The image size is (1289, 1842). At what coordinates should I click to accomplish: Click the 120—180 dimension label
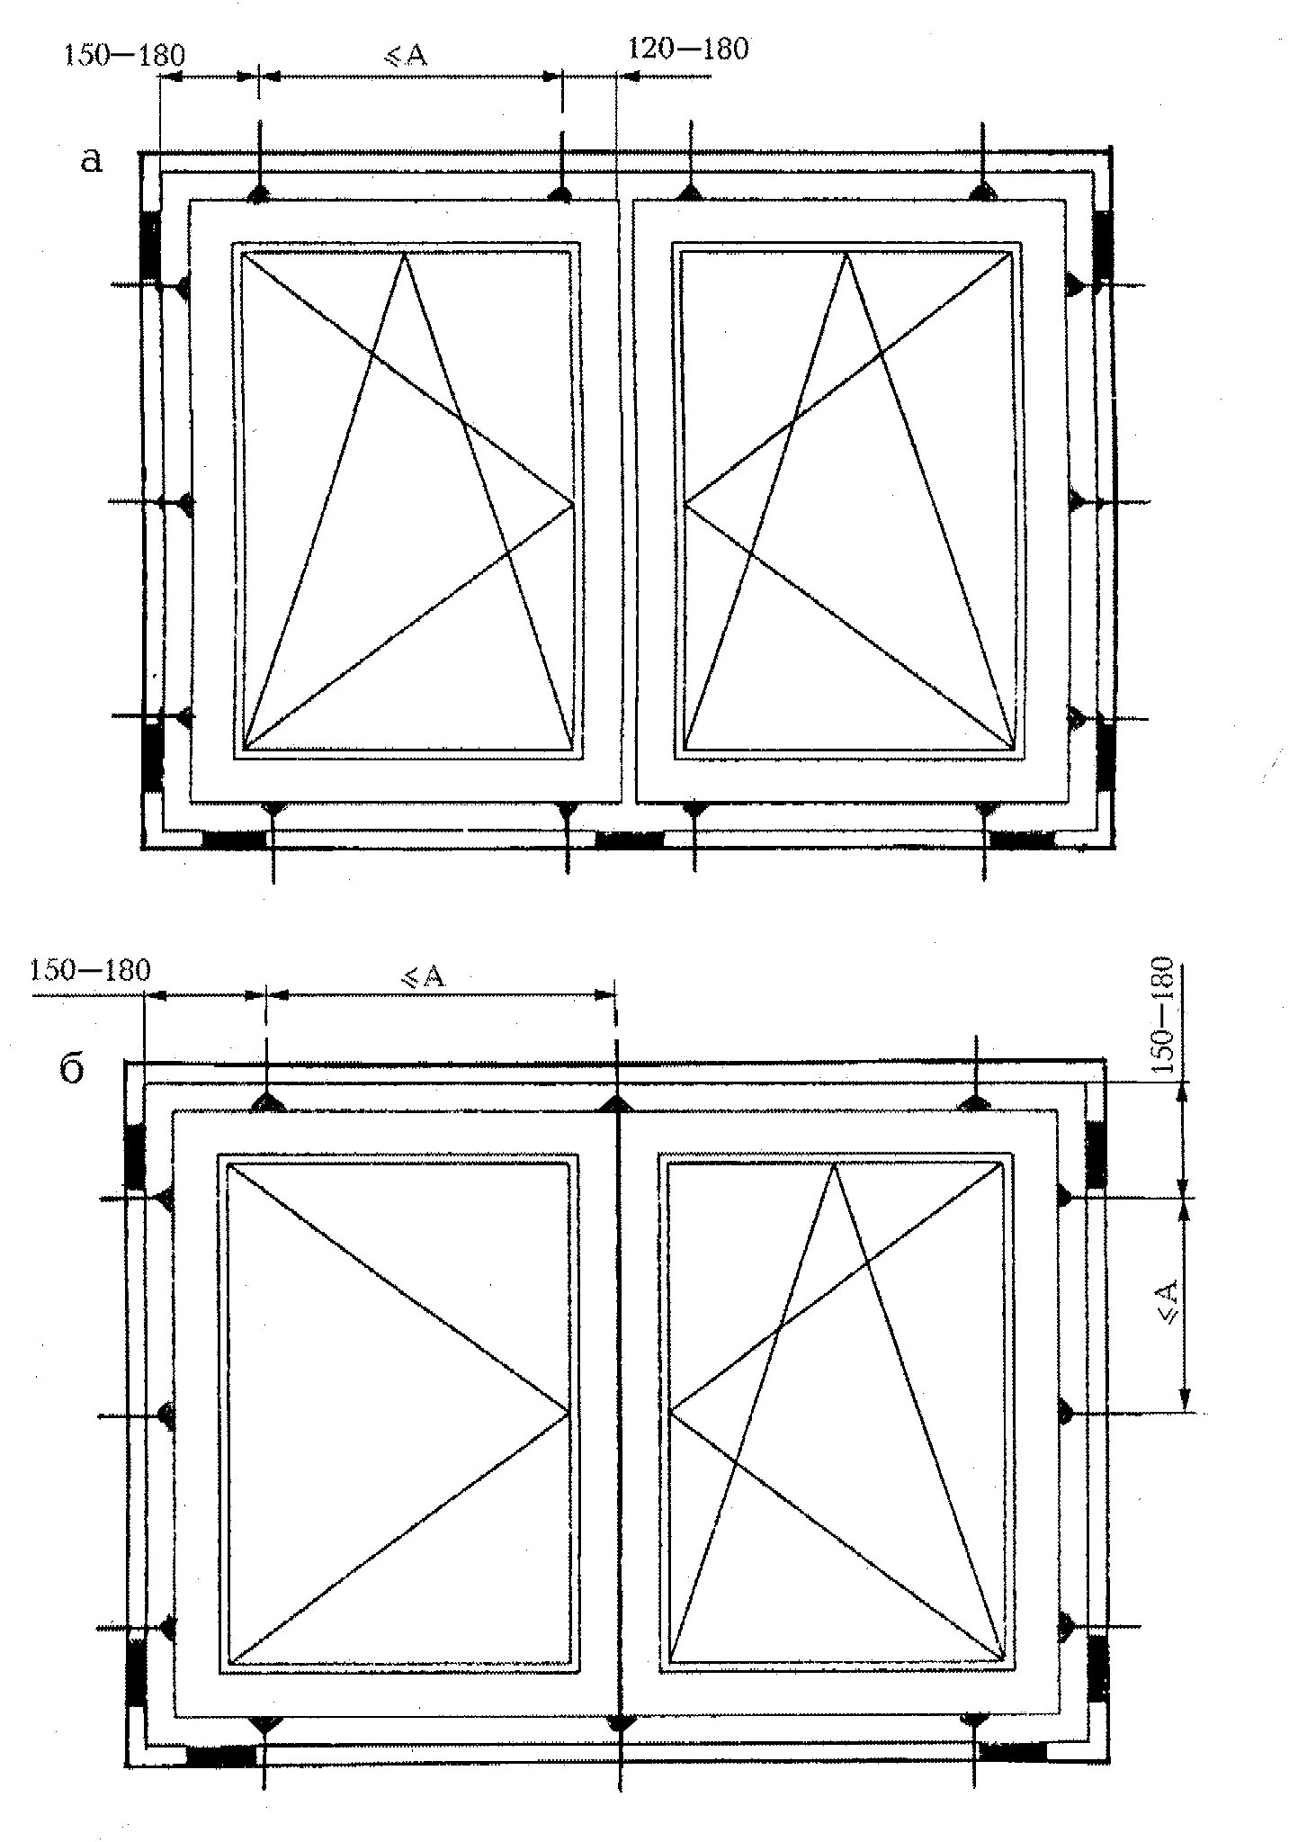tap(687, 49)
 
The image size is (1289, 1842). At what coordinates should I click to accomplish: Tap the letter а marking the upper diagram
tap(92, 161)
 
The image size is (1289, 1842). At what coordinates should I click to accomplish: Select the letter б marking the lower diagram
tap(72, 1071)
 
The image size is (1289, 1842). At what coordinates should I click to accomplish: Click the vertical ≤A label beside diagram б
tap(1167, 1304)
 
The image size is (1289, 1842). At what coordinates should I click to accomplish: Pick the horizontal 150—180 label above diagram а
tap(124, 56)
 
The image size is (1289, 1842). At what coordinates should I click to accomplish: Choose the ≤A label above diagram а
tap(407, 56)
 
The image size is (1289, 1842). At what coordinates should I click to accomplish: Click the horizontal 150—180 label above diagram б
tap(90, 971)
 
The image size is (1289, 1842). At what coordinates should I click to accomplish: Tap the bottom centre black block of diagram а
tap(630, 840)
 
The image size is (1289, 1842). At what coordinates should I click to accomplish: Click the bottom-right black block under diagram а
tap(1022, 840)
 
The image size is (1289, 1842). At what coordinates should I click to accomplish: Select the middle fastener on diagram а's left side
tap(184, 502)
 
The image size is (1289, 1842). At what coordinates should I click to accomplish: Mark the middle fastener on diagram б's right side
tap(1064, 1411)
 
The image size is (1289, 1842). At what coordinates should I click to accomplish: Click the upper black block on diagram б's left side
tap(135, 1156)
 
